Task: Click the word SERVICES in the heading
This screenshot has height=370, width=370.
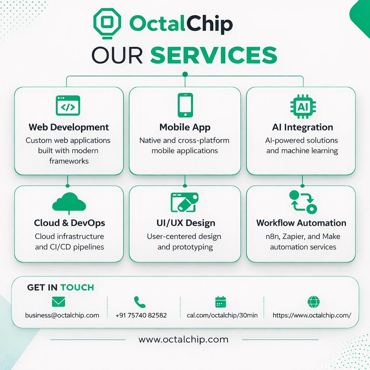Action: click(x=213, y=55)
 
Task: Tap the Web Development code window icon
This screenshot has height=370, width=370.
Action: click(x=68, y=106)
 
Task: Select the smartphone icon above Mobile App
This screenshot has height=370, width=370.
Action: click(x=185, y=105)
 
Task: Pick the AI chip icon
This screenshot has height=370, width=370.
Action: click(x=303, y=106)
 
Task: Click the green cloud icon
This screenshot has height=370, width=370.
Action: click(x=69, y=203)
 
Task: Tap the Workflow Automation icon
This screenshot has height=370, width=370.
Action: click(x=303, y=202)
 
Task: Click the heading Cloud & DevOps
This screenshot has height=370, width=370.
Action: click(x=70, y=223)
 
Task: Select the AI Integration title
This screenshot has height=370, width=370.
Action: click(x=303, y=127)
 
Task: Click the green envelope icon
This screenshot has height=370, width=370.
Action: click(x=59, y=302)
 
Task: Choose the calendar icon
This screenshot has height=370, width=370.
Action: click(x=220, y=302)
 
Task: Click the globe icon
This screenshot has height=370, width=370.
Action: click(x=313, y=302)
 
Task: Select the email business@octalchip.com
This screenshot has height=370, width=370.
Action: click(x=62, y=315)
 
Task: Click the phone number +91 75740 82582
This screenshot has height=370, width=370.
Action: click(x=141, y=315)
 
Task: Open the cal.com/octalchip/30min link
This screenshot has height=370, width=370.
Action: click(x=222, y=315)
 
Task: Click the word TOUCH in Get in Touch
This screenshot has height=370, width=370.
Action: click(x=77, y=288)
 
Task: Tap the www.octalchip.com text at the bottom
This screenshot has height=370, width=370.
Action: click(x=184, y=340)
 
